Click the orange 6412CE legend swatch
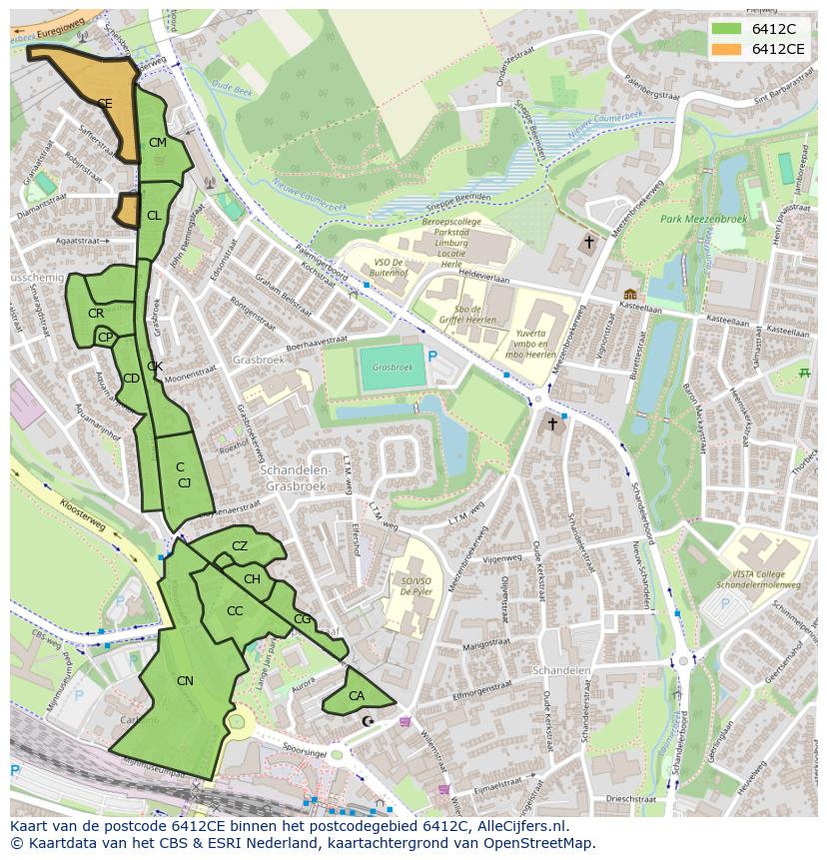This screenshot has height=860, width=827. coord(726,48)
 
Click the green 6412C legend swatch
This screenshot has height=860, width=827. coord(726,29)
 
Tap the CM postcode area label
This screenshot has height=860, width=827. coord(157,143)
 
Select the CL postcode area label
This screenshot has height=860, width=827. coord(154,216)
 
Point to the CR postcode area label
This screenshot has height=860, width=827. coord(96,314)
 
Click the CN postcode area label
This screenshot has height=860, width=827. coord(185,681)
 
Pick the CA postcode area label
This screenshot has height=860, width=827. coord(357,696)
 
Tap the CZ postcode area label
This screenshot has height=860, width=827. coord(240,546)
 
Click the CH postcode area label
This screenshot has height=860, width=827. coord(252,579)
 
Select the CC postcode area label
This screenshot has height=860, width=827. coord(235,611)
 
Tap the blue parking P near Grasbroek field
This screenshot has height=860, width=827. coord(432,357)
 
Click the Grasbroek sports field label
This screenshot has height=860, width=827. coord(392,368)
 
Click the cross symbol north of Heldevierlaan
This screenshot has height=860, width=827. coord(589,242)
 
